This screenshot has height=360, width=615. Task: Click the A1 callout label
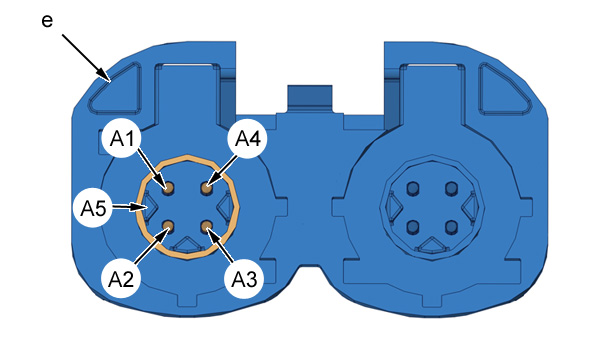[122, 138]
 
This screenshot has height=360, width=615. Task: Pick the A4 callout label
[247, 138]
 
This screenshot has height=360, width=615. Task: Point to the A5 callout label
[93, 208]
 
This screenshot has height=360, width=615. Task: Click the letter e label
[47, 21]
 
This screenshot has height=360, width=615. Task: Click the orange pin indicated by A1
[169, 189]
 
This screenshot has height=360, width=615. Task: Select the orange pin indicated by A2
[169, 225]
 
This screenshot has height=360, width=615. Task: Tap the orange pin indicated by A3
[206, 225]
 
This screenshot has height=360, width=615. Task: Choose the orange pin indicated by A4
[207, 189]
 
